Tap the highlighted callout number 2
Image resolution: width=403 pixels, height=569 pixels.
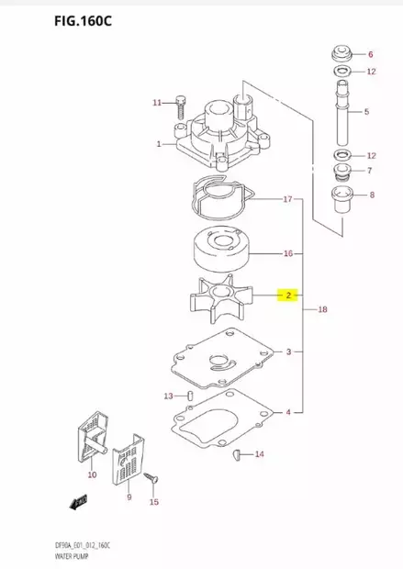[288, 296]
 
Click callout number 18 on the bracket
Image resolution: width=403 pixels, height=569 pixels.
[321, 310]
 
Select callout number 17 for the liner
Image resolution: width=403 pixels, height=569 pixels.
[287, 199]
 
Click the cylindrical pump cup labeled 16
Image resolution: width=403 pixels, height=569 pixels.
[219, 248]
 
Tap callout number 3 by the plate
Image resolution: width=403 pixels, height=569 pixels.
[288, 352]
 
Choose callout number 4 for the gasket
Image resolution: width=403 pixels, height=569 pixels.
[288, 412]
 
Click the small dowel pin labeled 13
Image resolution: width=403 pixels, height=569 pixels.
[189, 396]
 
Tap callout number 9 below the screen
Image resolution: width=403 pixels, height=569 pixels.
[129, 497]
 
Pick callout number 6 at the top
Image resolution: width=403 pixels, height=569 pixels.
[371, 53]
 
